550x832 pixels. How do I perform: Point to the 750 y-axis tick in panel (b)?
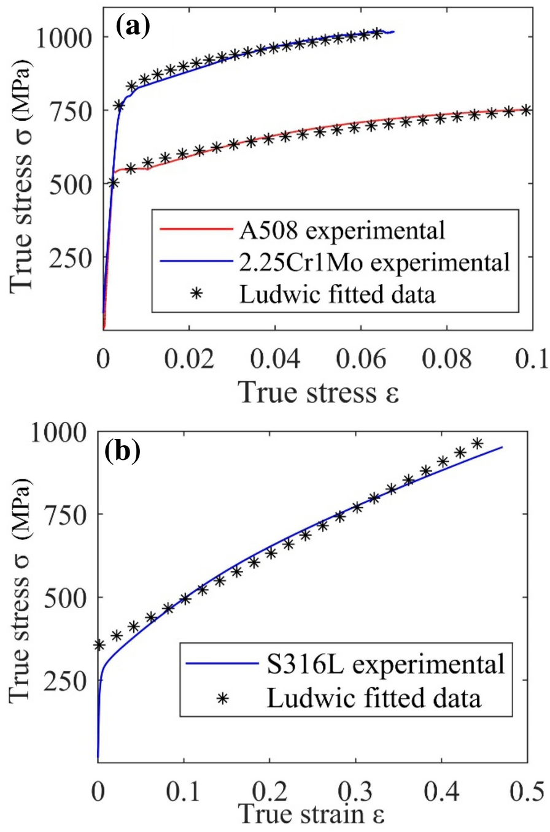click(x=61, y=514)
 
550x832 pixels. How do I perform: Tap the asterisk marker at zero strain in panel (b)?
click(x=98, y=645)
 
